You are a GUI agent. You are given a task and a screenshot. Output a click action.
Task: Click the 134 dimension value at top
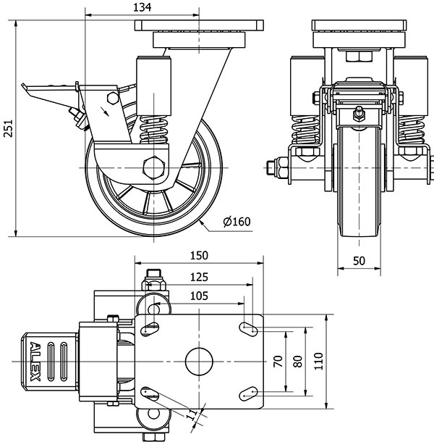142,7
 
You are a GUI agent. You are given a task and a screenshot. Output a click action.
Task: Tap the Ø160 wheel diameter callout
236,222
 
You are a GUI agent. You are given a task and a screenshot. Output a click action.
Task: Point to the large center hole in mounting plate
198,360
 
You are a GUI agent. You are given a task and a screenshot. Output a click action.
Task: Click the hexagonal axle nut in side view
154,167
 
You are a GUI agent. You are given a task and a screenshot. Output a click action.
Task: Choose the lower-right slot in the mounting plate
250,393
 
